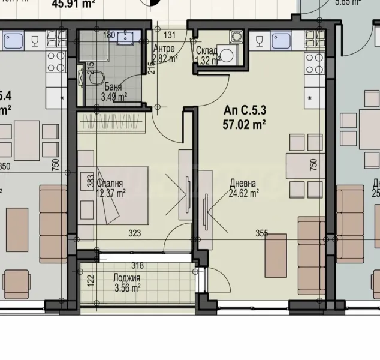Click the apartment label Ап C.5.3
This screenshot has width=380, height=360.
click(x=244, y=110)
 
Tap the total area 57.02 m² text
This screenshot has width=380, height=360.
click(x=244, y=124)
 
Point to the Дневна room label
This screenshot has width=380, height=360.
click(x=243, y=184)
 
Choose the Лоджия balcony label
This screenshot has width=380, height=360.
click(x=126, y=278)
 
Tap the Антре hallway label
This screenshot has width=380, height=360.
click(x=164, y=49)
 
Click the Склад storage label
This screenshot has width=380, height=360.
click(x=206, y=50)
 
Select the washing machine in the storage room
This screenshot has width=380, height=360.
click(x=228, y=55)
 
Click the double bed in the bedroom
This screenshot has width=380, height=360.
click(x=114, y=195)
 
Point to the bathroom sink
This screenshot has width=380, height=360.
click(x=126, y=37)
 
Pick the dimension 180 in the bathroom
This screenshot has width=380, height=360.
click(x=108, y=35)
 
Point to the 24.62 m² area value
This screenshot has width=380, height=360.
click(x=243, y=193)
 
